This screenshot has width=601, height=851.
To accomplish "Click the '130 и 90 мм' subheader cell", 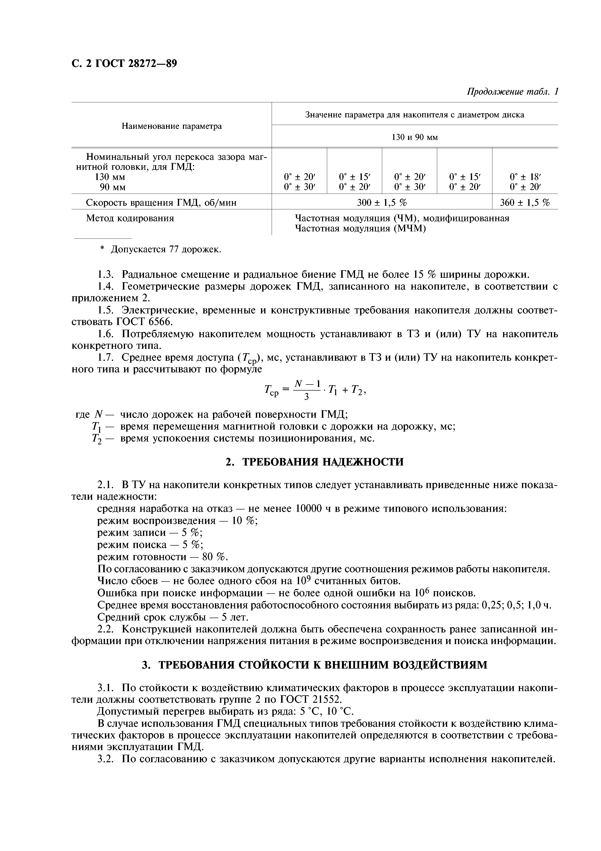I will click(414, 138).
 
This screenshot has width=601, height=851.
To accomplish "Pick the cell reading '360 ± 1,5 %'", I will click(525, 203).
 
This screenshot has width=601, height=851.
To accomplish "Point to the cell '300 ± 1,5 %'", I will click(382, 203).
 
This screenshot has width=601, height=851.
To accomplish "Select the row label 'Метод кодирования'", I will click(130, 218).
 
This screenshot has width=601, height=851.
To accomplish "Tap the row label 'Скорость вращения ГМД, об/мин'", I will click(161, 203).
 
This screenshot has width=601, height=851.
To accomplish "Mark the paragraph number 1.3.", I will click(107, 275).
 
